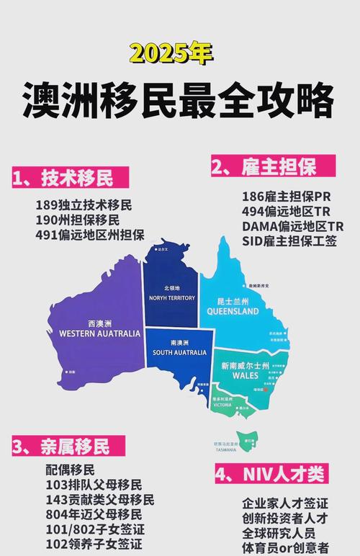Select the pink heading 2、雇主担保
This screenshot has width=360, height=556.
(x=264, y=168)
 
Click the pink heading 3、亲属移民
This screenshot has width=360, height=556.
(x=61, y=447)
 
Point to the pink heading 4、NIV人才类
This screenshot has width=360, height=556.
(x=271, y=474)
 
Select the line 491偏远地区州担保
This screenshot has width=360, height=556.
(x=89, y=235)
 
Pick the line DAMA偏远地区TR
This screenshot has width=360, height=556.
(x=292, y=226)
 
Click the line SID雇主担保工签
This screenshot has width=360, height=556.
(x=289, y=241)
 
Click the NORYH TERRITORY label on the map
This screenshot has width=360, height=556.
(x=172, y=297)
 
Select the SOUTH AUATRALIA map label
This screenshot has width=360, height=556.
(x=181, y=353)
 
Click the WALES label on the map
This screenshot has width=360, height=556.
(x=246, y=375)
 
